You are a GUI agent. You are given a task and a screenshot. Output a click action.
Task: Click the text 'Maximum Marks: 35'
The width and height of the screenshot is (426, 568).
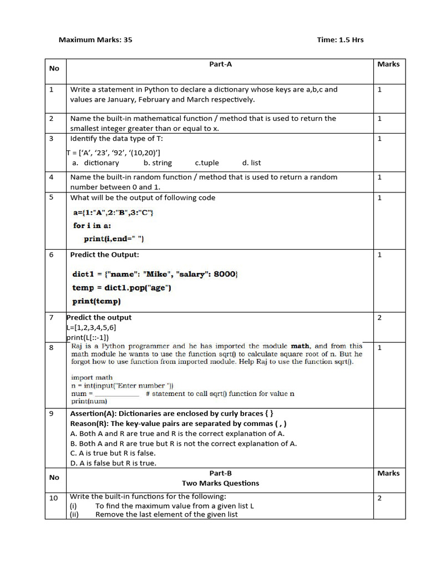coord(95,40)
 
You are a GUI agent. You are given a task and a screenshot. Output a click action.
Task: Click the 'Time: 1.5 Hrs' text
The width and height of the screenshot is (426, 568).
coord(340,40)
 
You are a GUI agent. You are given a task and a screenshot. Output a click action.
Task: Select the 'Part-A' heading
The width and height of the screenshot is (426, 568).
coord(220,64)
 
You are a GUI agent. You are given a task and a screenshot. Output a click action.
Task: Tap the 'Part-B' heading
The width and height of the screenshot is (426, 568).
coord(220,473)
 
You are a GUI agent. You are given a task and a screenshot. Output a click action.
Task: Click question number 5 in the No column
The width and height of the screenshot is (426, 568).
coord(51,197)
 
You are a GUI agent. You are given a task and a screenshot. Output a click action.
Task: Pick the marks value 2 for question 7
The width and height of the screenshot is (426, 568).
coord(379,318)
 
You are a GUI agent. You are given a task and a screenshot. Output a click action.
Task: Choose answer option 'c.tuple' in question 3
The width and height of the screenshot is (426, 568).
coord(207,163)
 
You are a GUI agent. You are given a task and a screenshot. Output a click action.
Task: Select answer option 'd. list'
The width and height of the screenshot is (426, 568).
coord(251,163)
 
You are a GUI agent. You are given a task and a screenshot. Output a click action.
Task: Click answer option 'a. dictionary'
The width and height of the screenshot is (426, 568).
coord(95,163)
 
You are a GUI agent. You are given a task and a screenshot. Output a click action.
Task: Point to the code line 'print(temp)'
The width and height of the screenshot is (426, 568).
coord(97,302)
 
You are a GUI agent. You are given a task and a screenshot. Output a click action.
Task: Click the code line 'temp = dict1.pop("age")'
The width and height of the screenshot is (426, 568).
coord(121,288)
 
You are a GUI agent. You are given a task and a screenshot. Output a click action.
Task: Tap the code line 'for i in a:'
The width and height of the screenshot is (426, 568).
coord(92,226)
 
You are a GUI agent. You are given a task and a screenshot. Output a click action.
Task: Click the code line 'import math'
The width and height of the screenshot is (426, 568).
coord(92,378)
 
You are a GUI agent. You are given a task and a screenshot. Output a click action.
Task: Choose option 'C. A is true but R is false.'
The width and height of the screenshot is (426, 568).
coord(113,453)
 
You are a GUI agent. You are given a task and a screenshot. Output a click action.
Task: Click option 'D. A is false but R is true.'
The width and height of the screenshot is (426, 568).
coord(113,463)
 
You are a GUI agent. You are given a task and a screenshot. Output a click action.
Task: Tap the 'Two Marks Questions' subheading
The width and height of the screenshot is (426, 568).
coord(220,483)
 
